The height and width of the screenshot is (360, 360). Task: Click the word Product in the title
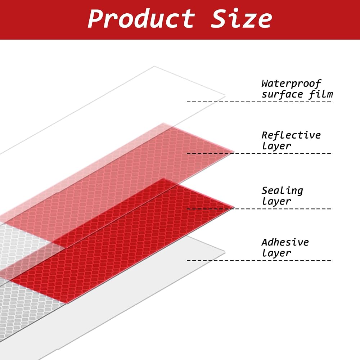[x=141, y=18]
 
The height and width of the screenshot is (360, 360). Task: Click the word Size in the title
[x=241, y=18]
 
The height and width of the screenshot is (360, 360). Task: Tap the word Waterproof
[x=291, y=84]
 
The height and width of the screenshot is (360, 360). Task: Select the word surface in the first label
[x=282, y=95]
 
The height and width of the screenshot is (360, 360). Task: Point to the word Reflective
[x=291, y=135]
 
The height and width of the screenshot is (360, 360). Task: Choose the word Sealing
[x=282, y=191]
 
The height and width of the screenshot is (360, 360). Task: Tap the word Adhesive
[x=285, y=242]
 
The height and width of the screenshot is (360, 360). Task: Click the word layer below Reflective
[x=276, y=146]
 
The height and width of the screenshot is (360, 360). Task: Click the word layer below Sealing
[x=276, y=201]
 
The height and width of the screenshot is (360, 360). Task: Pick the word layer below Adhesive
[x=276, y=253]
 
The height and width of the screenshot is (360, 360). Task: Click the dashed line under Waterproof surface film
[x=260, y=102]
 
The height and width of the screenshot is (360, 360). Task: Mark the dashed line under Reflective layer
[x=260, y=153]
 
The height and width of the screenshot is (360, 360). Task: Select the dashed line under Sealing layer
[x=260, y=209]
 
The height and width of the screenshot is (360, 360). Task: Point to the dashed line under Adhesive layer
[x=260, y=261]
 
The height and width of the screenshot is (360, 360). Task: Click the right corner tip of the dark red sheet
[x=234, y=208]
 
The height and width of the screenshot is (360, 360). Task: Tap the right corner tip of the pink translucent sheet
[x=234, y=152]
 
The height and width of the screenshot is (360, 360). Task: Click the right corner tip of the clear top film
[x=225, y=96]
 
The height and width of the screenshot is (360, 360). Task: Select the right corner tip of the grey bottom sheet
[x=225, y=252]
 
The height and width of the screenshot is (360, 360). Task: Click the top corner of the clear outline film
[x=154, y=67]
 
